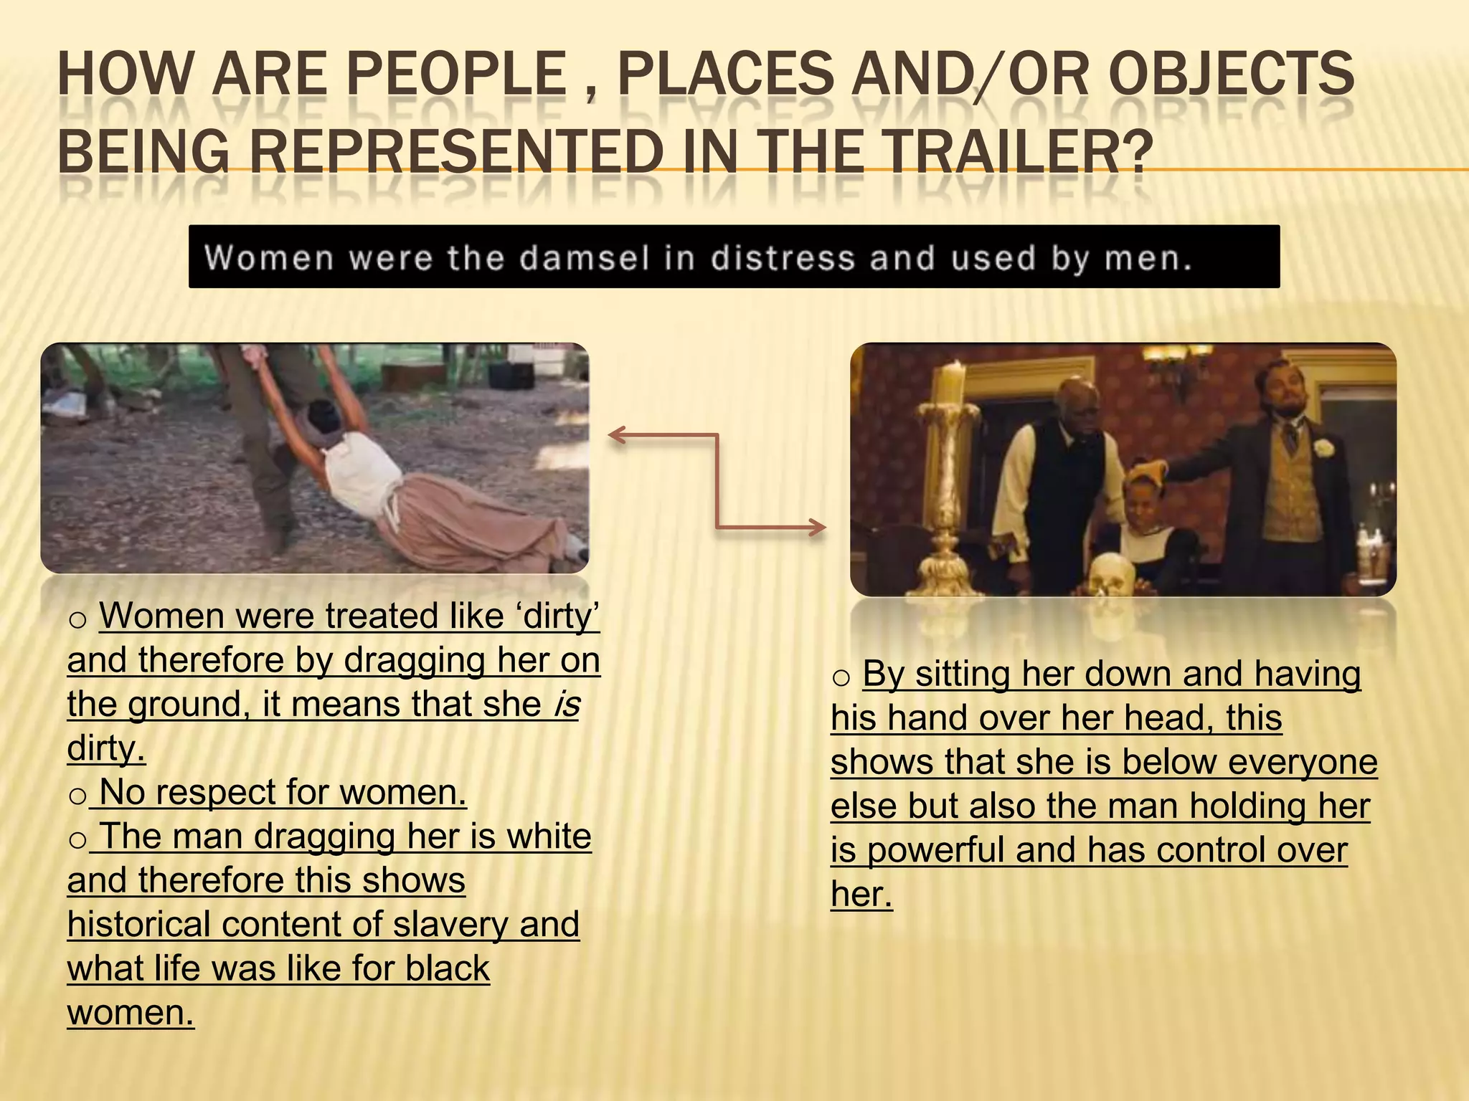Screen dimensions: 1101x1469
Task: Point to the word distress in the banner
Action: tap(783, 258)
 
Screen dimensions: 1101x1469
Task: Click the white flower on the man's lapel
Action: tap(1323, 449)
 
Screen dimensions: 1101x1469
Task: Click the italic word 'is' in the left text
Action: tap(567, 705)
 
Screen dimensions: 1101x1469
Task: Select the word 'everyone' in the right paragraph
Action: tap(1303, 762)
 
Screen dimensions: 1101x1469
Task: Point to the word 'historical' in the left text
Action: tap(139, 925)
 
